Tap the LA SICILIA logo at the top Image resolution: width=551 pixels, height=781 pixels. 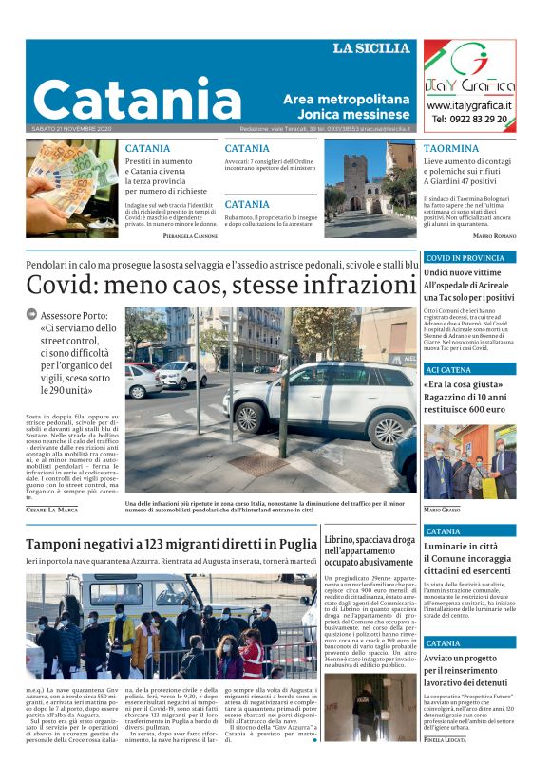(x=371, y=48)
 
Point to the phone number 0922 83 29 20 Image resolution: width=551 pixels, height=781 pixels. (x=469, y=120)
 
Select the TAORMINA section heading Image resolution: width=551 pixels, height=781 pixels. (x=451, y=149)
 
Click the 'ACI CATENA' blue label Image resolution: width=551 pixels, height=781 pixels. (x=449, y=369)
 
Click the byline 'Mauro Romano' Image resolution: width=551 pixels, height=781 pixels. (x=494, y=234)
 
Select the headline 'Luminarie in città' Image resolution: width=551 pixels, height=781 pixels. (x=461, y=547)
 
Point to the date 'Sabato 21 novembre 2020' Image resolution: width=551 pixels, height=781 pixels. (x=72, y=128)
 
